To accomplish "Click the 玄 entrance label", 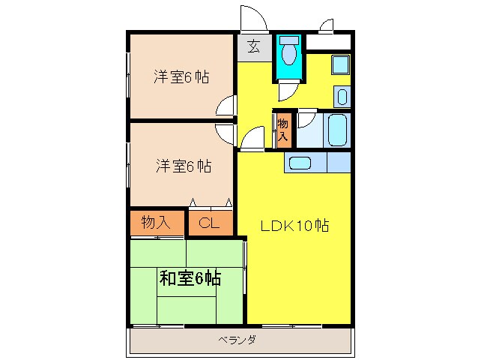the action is coord(254,46).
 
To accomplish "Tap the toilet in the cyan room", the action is coord(289,51).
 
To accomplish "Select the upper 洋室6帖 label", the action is coord(182,76).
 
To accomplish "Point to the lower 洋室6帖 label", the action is coord(184,166).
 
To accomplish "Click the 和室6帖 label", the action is coord(190,278).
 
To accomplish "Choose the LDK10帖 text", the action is coord(294,226).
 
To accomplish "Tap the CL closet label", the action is coord(209,223).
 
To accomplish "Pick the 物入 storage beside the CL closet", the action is coord(156,222).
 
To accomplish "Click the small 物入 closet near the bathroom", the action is coord(283,130).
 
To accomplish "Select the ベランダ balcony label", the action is coord(238,339).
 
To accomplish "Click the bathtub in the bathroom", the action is coord(337,130).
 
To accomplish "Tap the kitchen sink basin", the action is coord(300,163).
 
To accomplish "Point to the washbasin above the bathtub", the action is coord(342,97).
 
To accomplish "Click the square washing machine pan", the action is coord(340,64).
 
